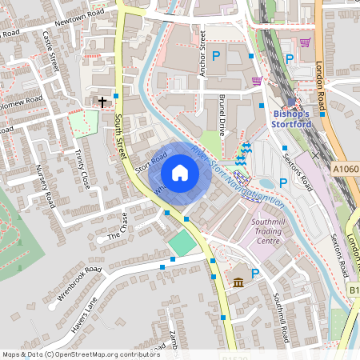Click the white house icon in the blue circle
180,173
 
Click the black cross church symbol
102,102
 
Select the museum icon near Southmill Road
238,281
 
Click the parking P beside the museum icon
256,274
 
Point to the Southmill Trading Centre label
274,230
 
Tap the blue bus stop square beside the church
116,96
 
